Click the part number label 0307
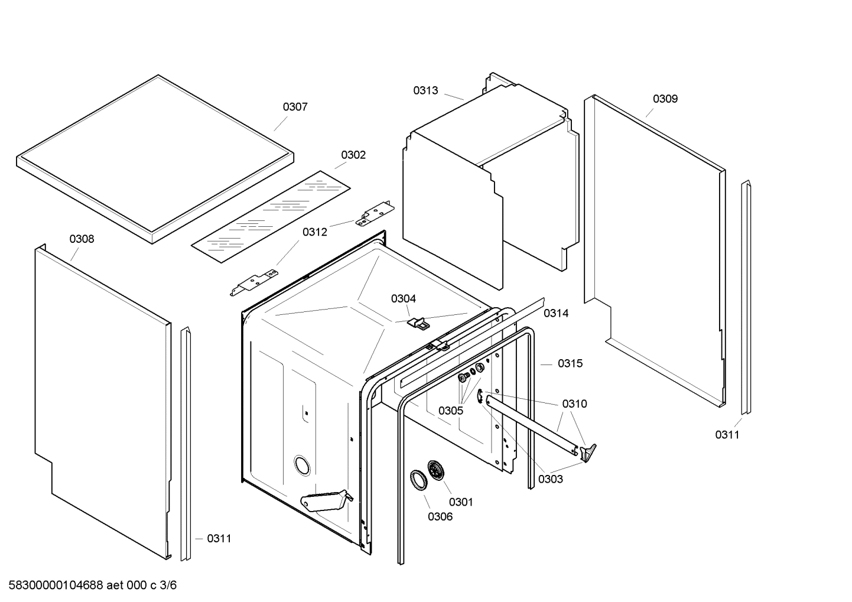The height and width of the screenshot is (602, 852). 295,107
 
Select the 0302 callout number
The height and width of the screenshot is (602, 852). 353,155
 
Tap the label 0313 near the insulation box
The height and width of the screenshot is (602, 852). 425,90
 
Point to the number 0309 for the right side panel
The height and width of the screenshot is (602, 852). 665,99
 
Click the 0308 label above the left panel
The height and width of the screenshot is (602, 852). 82,239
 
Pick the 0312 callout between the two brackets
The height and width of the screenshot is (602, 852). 314,232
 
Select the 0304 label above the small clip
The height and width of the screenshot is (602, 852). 403,299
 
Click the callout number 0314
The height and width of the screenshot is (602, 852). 556,314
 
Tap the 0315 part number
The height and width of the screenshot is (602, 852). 570,363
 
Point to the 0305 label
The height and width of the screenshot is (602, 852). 450,411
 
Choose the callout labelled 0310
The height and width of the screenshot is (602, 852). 574,404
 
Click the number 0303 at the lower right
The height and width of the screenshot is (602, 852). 550,479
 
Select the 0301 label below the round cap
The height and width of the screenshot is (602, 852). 461,502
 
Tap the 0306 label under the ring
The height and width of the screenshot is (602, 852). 440,517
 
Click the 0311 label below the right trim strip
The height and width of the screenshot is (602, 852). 727,435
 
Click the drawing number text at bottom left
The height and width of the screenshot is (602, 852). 89,585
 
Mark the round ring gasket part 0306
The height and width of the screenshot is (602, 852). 418,479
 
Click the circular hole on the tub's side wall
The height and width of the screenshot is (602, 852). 302,466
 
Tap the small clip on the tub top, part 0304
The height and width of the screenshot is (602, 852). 420,323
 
